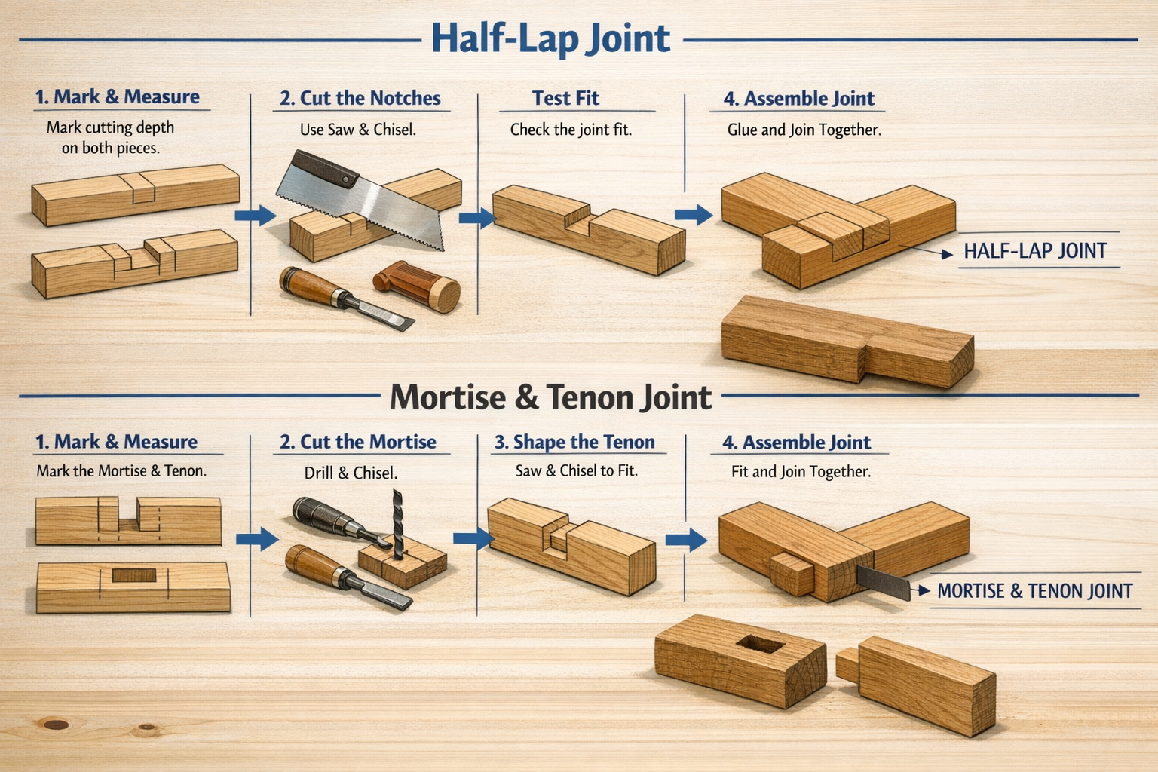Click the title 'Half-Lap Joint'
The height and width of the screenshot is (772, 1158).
click(x=551, y=38)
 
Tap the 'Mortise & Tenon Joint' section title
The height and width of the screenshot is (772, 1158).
click(x=550, y=397)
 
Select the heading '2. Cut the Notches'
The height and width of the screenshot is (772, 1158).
click(x=360, y=98)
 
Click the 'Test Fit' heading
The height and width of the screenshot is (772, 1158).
click(x=565, y=98)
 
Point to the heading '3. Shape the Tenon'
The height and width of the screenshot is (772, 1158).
click(x=574, y=442)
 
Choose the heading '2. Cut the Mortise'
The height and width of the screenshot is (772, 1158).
click(x=358, y=442)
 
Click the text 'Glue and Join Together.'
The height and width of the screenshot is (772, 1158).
click(x=804, y=129)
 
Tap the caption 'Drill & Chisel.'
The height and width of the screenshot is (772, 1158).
click(x=351, y=473)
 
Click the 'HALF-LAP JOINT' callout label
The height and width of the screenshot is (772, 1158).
click(x=1035, y=251)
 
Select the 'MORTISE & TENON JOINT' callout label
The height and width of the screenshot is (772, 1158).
click(x=1035, y=590)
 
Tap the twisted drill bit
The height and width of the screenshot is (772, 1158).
click(x=397, y=524)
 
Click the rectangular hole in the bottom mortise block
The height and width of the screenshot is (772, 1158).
click(x=761, y=644)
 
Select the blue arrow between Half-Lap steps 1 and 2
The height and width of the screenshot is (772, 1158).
click(x=255, y=215)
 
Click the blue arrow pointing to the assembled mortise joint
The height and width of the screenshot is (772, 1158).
click(x=686, y=540)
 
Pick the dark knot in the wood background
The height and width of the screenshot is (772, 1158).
click(x=55, y=724)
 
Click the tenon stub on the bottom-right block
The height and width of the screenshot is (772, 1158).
click(x=848, y=664)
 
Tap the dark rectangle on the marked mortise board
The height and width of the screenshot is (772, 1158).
click(x=134, y=575)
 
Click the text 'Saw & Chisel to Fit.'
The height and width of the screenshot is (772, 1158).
click(x=577, y=470)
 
